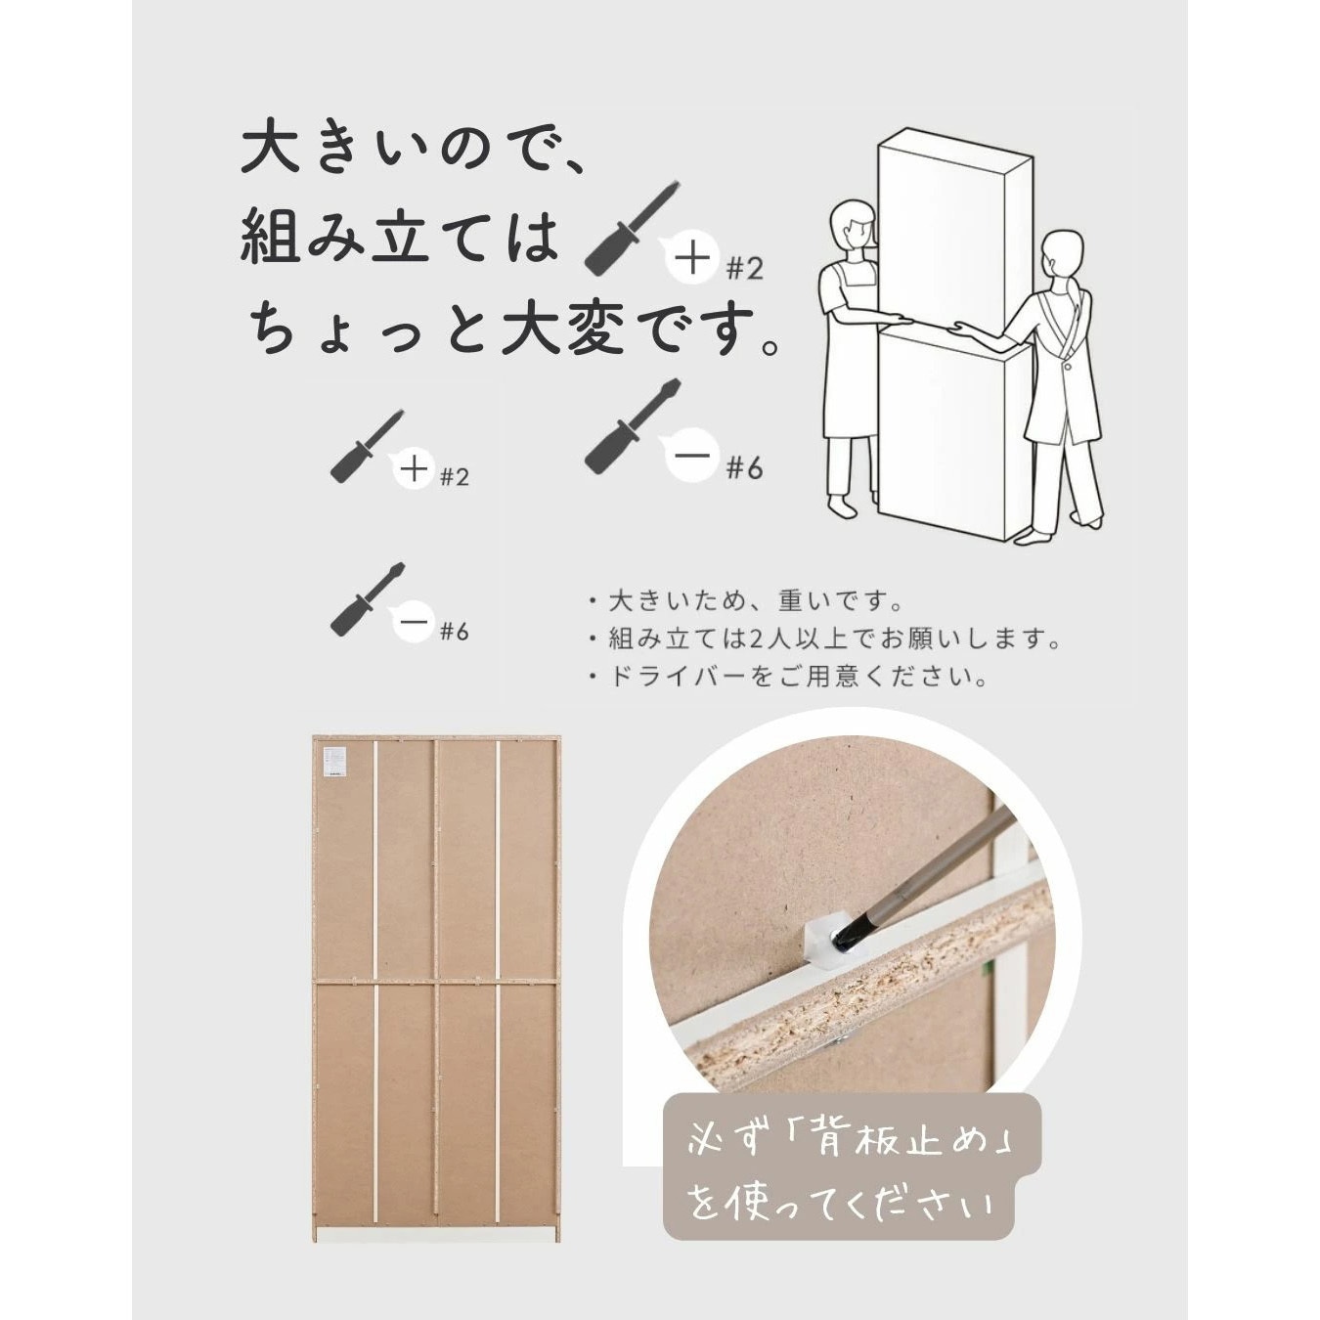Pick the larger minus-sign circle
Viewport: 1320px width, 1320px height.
point(692,456)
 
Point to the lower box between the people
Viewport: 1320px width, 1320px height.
point(953,435)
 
